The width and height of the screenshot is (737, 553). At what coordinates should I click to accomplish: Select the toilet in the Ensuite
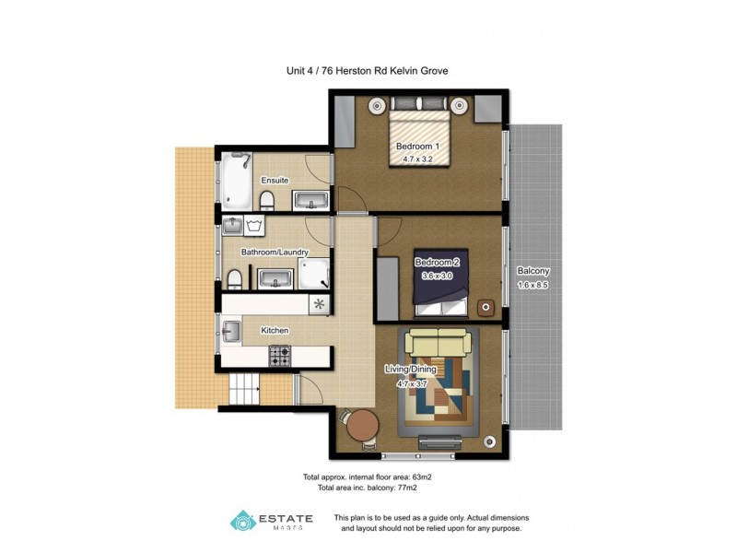point(265,200)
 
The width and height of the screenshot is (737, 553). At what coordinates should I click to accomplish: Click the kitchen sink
point(230,330)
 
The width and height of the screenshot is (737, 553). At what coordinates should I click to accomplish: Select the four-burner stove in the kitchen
point(279,353)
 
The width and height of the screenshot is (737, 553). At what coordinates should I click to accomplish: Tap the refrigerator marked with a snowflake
point(320,303)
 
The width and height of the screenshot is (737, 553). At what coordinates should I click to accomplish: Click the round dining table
point(361,426)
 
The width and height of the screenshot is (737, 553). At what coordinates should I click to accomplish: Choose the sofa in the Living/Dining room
point(439,344)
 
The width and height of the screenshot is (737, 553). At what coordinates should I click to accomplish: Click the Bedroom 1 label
point(417,147)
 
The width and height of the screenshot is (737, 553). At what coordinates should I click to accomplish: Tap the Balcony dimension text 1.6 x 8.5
point(533,285)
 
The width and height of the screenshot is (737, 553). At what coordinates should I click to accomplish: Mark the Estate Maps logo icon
point(242,522)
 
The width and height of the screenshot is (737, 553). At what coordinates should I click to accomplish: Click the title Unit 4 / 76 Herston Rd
point(368,70)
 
